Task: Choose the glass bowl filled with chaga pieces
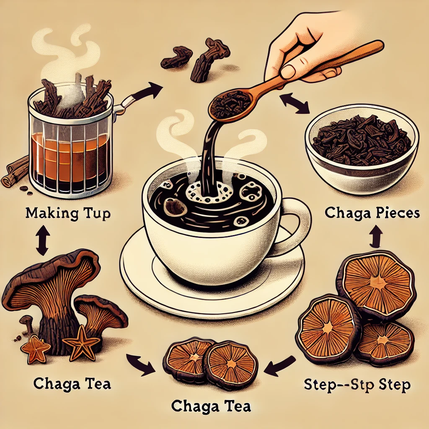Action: click(362, 149)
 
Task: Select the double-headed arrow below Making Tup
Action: click(43, 240)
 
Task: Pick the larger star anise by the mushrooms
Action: click(81, 342)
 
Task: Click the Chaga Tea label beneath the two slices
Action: click(211, 406)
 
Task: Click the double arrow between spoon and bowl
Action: click(295, 103)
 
